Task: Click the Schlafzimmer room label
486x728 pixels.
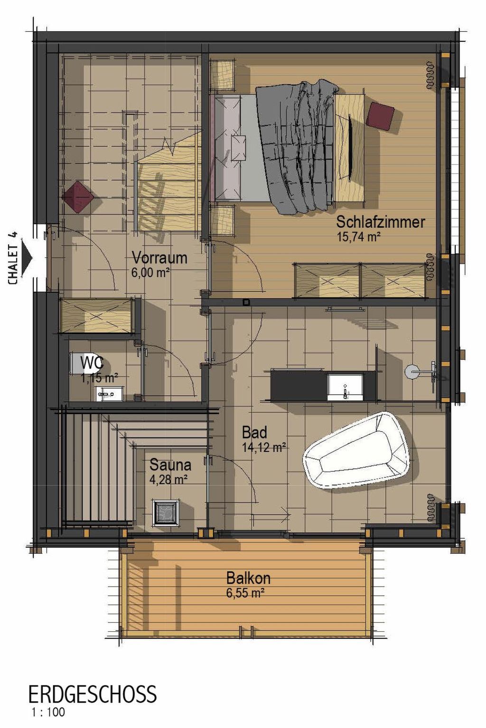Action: pos(381,222)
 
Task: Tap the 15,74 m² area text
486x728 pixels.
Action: pos(358,237)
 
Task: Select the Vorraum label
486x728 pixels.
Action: pos(159,258)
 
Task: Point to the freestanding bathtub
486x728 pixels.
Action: pos(355,450)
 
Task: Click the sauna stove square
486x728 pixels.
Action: pos(166,512)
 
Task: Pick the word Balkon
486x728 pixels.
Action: pos(248,578)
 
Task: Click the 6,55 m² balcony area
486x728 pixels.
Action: pos(245,593)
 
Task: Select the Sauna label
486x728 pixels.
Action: pos(170,465)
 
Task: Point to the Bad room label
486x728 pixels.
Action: pos(254,432)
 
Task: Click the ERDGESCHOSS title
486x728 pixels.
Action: pos(92,694)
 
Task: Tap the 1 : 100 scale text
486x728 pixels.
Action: pos(48,712)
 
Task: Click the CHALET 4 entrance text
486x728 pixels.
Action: pos(13,258)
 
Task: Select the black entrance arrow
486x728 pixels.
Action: pos(28,258)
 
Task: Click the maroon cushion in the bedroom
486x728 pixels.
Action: pos(381,116)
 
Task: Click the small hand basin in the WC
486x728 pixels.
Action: pos(109,393)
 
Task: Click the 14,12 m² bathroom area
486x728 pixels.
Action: pos(264,446)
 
